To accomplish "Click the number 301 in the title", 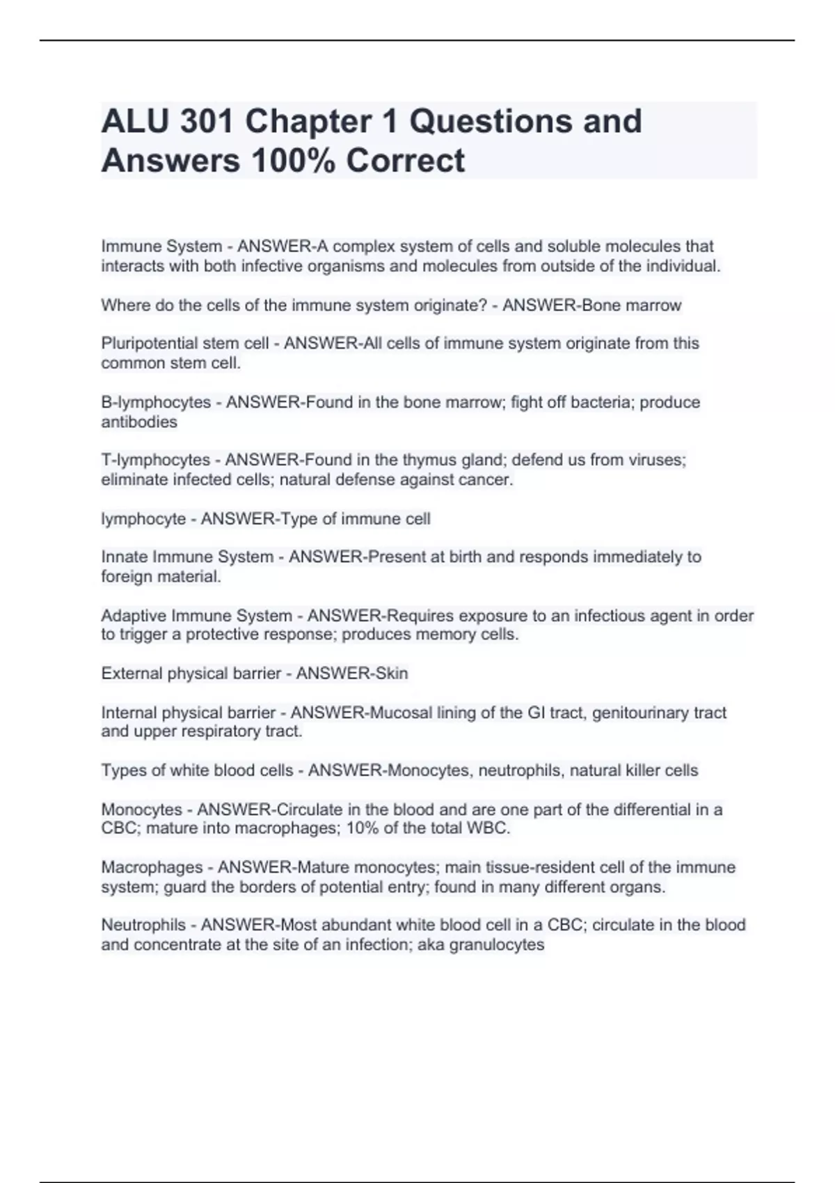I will [x=206, y=122].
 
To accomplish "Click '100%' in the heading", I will [x=289, y=161].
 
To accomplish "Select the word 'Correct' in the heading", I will [x=406, y=161].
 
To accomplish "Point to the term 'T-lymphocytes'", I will [x=155, y=460].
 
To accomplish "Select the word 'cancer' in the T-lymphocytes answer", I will [x=485, y=480].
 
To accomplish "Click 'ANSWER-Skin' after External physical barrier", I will [x=352, y=674].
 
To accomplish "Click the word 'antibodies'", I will [x=139, y=422].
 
